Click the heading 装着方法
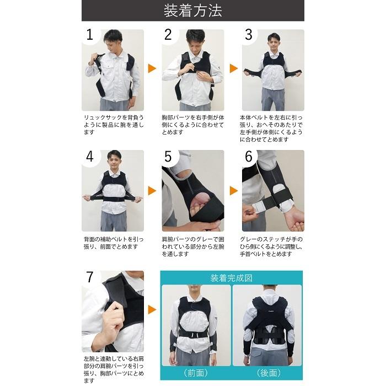193,11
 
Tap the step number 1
89,35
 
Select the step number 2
168,35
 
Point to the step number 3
249,35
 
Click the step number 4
90,157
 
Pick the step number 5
168,157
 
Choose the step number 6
249,157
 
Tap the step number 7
90,277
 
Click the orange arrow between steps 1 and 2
152,68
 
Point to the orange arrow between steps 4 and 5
152,191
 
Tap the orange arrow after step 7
152,310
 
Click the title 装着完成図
232,278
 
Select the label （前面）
196,373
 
